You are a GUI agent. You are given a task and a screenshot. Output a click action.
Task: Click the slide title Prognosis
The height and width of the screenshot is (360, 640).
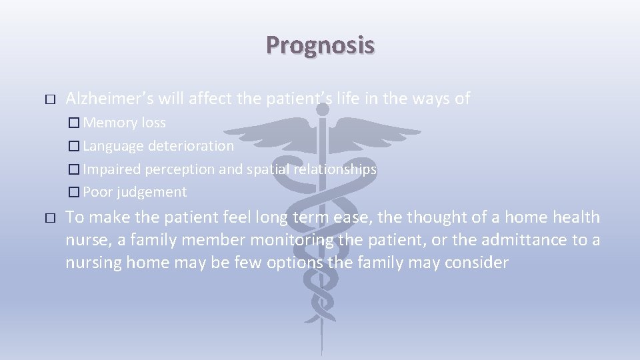click(320, 45)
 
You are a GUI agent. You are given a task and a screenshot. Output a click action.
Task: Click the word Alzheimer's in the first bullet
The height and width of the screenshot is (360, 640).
click(109, 99)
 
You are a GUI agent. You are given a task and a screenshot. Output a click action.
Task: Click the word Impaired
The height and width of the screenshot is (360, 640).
click(111, 169)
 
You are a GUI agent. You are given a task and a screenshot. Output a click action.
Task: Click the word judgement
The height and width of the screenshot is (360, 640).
click(151, 192)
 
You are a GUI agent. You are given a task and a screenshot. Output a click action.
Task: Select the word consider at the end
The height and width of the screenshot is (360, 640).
click(478, 263)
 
